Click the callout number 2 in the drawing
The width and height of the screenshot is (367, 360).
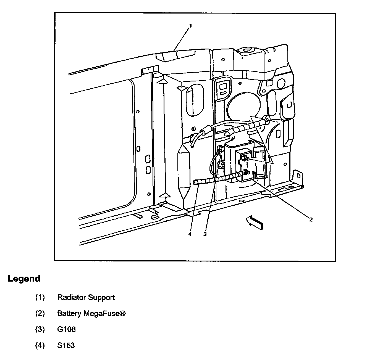tap(311, 220)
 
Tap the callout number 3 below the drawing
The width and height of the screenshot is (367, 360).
tap(205, 234)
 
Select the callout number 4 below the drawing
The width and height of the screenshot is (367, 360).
tap(190, 234)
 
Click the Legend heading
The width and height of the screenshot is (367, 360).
tap(24, 279)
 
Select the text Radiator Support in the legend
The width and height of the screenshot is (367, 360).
tap(86, 297)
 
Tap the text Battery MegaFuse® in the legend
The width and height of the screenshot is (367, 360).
tap(91, 313)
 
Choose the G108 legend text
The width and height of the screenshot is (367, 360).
tap(66, 329)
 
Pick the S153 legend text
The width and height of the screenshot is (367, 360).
tap(66, 345)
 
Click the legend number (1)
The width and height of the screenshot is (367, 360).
tap(40, 297)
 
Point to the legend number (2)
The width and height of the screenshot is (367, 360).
tap(40, 313)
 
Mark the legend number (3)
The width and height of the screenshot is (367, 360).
tap(40, 329)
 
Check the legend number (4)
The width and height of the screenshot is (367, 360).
tap(40, 345)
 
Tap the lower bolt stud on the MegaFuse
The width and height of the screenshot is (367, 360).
tap(245, 173)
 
